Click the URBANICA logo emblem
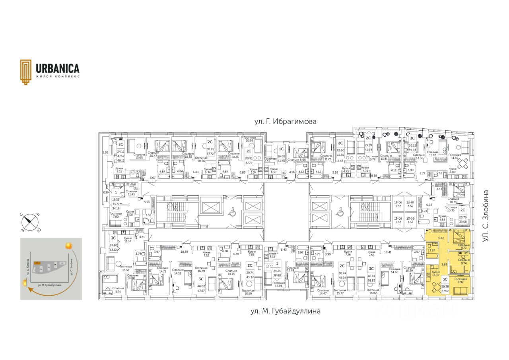pos(26,72)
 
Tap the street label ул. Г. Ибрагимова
pos(286,122)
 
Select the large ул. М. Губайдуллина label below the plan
pos(285,311)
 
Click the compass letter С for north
pos(22,214)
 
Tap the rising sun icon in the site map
pos(69,246)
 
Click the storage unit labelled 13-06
pos(398,204)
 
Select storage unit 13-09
pos(410,220)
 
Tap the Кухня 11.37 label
pos(128,239)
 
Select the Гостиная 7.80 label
pos(116,215)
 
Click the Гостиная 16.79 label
pos(198,258)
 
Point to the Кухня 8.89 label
pos(453,171)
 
